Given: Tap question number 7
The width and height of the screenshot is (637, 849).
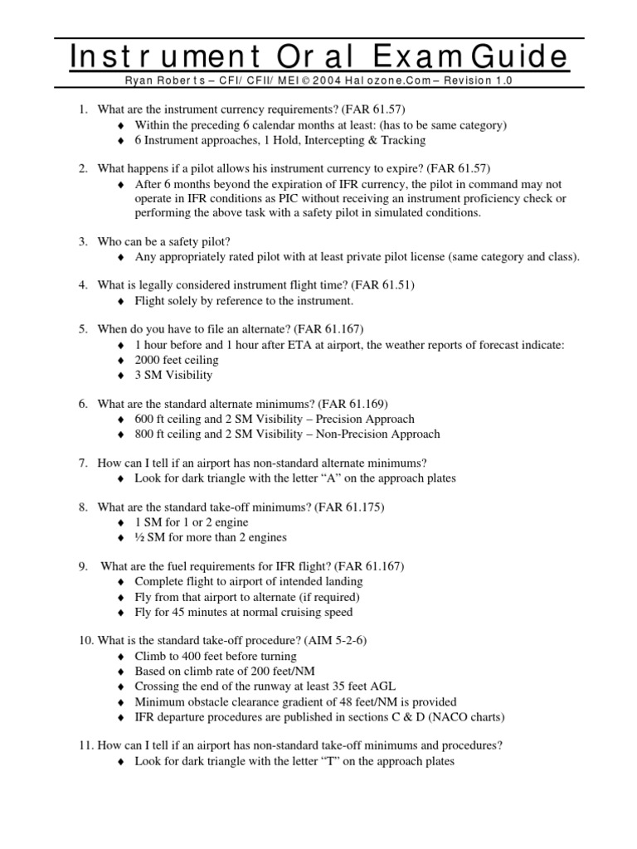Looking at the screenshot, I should pos(84,463).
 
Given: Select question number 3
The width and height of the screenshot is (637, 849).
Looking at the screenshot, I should pos(84,241).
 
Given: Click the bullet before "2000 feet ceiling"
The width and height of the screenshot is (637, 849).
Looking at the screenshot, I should pos(121,361).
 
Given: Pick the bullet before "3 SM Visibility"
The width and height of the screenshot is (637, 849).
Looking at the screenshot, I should pos(121,376).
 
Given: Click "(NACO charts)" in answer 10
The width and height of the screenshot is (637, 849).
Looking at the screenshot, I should pos(467,716).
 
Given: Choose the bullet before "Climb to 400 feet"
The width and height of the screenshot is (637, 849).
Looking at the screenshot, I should pos(121,656).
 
